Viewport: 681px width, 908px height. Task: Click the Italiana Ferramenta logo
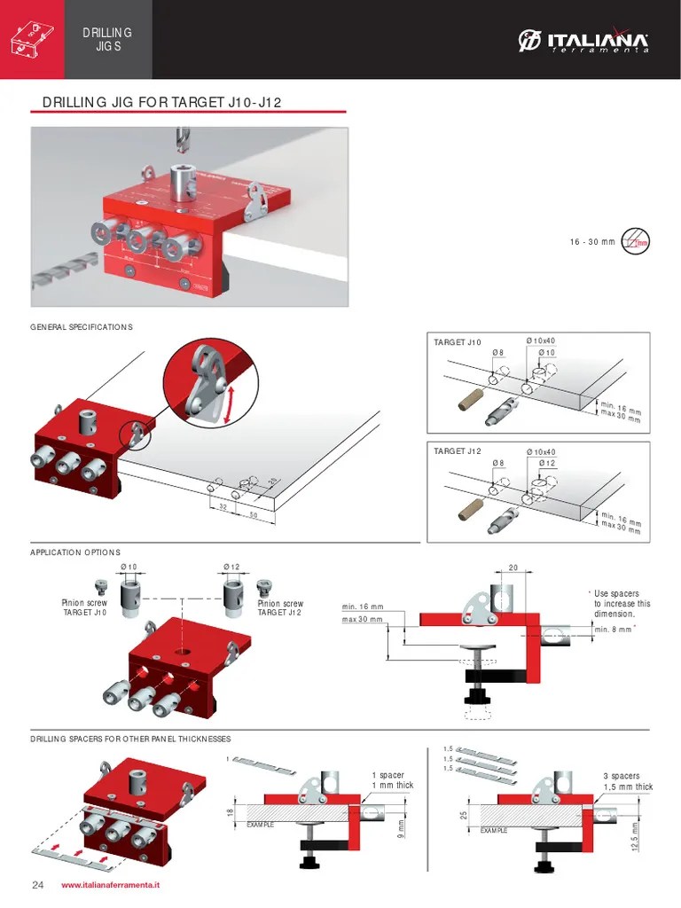[x=584, y=41]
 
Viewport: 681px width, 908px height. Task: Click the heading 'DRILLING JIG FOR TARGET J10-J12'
[x=161, y=103]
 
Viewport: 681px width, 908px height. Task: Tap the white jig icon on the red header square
[x=31, y=40]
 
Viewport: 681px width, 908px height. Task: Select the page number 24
[x=37, y=885]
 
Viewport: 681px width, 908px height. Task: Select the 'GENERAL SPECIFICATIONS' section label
[x=82, y=327]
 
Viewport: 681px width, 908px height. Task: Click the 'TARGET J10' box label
[x=457, y=342]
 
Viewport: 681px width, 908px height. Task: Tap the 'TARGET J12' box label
[x=457, y=451]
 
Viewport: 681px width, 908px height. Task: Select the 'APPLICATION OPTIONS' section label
[x=75, y=552]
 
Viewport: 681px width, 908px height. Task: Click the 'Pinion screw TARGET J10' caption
[x=84, y=608]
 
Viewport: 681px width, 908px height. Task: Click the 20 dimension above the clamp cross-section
[x=513, y=568]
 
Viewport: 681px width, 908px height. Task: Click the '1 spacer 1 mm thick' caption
[x=392, y=780]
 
